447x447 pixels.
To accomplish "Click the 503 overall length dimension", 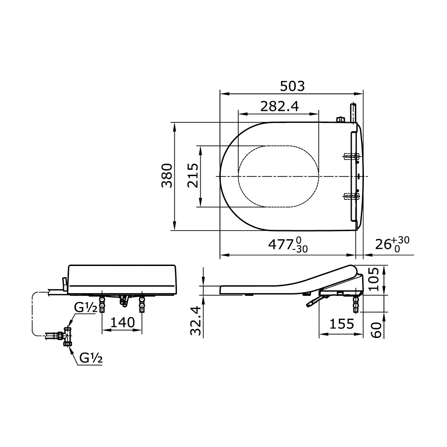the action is pos(292,86).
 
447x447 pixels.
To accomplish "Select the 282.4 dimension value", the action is pos(280,107).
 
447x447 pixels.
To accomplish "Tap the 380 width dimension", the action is pos(167,176).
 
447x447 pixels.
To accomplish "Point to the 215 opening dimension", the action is pos(193,175).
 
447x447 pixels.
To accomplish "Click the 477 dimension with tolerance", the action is pos(288,245).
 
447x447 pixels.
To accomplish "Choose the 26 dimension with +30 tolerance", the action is pos(392,244).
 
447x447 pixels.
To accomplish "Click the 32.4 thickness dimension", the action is pos(196,321).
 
